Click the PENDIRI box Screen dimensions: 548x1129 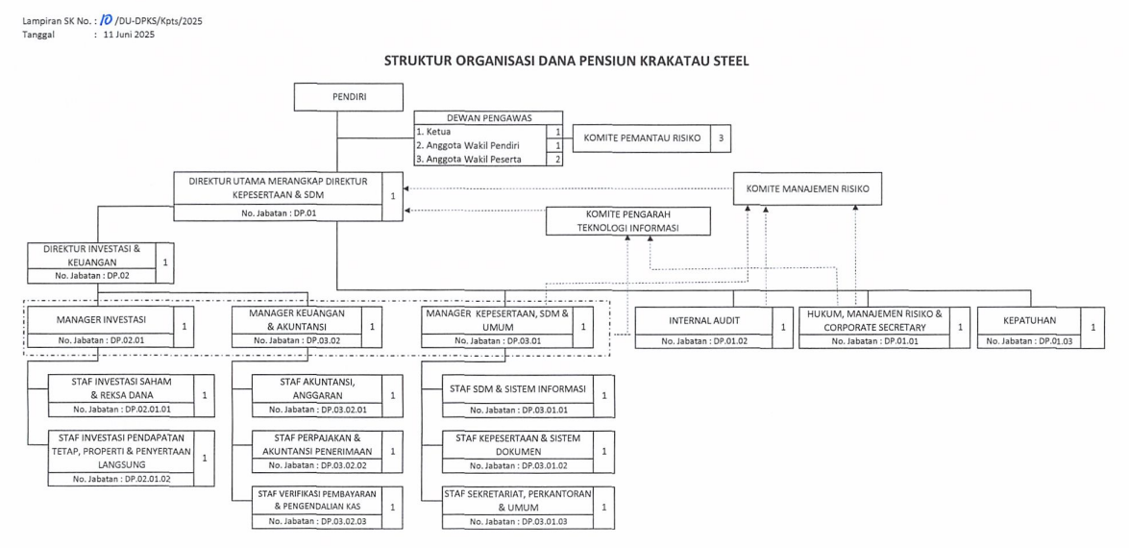pyautogui.click(x=348, y=97)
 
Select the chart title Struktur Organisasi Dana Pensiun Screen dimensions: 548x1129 pyautogui.click(x=566, y=61)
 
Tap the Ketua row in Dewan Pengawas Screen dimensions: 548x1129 pyautogui.click(x=481, y=131)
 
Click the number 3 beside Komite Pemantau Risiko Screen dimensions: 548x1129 pyautogui.click(x=721, y=138)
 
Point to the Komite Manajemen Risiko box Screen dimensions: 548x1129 pyautogui.click(x=807, y=189)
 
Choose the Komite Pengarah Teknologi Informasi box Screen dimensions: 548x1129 pyautogui.click(x=627, y=221)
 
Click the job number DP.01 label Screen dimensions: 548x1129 pyautogui.click(x=278, y=212)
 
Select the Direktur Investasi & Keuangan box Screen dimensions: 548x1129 pyautogui.click(x=92, y=255)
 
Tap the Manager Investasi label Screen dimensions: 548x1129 pyautogui.click(x=101, y=318)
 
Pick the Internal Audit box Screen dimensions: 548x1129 pyautogui.click(x=703, y=320)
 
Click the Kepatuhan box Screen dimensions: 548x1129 pyautogui.click(x=1028, y=320)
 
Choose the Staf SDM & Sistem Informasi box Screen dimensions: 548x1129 pyautogui.click(x=517, y=389)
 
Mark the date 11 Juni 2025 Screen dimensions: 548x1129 pyautogui.click(x=129, y=35)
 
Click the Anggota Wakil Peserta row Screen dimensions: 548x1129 pyautogui.click(x=481, y=160)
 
